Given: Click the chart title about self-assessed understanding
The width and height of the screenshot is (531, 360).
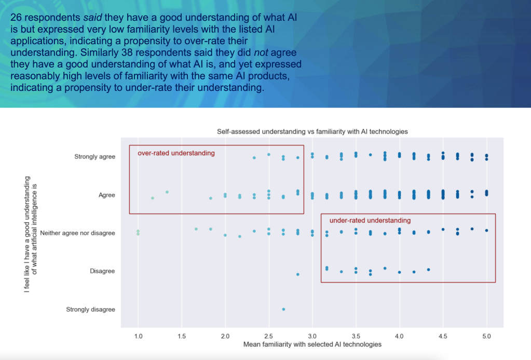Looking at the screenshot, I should [x=312, y=131].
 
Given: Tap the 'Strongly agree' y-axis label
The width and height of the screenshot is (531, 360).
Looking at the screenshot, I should [x=94, y=156].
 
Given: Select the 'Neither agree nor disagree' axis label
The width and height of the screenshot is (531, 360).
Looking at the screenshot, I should [x=77, y=233].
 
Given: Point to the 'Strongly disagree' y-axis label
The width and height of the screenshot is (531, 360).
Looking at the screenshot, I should [x=90, y=310].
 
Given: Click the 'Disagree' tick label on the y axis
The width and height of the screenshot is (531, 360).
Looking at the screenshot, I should [x=102, y=271].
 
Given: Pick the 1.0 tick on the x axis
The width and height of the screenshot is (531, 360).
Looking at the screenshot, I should [x=138, y=336].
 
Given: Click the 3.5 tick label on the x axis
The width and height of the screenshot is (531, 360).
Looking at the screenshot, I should [x=356, y=336].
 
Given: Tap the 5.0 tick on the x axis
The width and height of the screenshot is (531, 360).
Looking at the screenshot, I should [x=486, y=336].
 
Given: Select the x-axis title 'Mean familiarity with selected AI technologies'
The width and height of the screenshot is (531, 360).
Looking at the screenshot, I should [x=312, y=344].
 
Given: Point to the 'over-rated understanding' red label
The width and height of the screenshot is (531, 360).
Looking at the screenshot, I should [x=176, y=153].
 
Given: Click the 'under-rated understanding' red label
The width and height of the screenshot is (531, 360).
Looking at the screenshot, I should [x=370, y=220].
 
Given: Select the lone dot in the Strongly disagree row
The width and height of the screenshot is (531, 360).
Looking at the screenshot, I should [x=283, y=309].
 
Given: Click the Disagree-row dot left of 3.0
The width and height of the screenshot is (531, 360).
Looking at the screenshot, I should [x=298, y=274].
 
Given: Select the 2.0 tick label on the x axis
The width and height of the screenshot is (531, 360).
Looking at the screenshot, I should [x=225, y=336].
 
